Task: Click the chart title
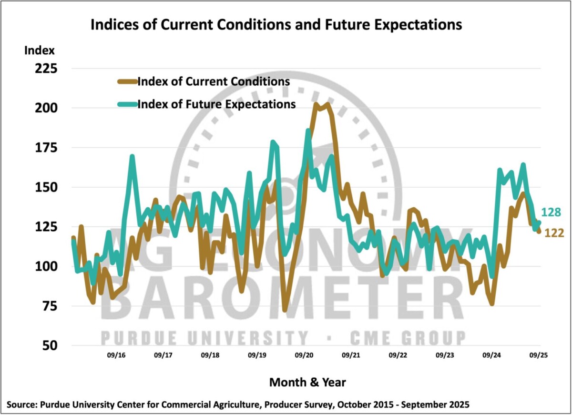[276, 25]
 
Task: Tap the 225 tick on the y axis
[44, 69]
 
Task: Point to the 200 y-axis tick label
[44, 108]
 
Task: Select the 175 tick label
[44, 148]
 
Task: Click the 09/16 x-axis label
[116, 355]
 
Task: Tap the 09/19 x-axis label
[257, 355]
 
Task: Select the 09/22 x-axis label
[398, 355]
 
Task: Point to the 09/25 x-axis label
[538, 355]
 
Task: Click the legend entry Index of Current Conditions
[214, 81]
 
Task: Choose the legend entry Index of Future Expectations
[216, 104]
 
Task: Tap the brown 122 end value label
[554, 233]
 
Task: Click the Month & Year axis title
[307, 382]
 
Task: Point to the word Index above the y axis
[40, 51]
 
